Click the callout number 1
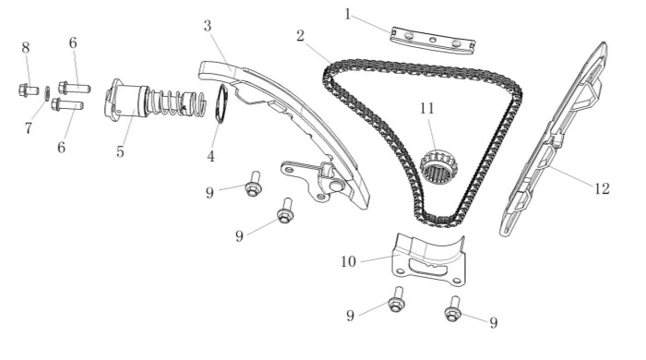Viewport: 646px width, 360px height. [x=348, y=15]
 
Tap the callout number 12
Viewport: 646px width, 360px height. [x=602, y=188]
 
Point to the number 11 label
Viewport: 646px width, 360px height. [x=427, y=108]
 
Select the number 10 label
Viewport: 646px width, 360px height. [x=348, y=261]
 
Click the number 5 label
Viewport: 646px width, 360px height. [x=120, y=152]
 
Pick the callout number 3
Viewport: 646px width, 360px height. [x=208, y=26]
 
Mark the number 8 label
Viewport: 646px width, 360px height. [x=26, y=48]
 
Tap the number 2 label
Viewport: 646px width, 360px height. [x=300, y=36]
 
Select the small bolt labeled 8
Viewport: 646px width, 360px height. [x=29, y=90]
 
